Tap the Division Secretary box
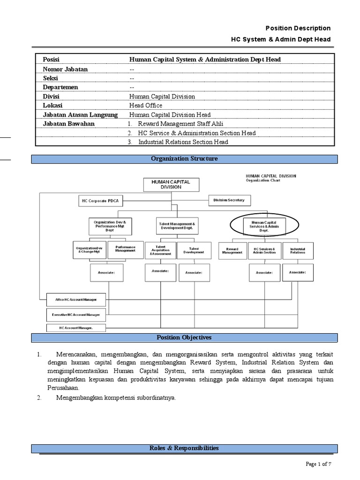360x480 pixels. pyautogui.click(x=229, y=200)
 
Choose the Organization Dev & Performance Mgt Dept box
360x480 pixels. pyautogui.click(x=110, y=226)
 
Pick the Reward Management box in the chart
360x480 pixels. pyautogui.click(x=232, y=251)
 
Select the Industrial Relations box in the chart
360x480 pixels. pyautogui.click(x=297, y=251)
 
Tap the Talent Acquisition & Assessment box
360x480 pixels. pyautogui.click(x=160, y=251)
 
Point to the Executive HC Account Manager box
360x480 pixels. pyautogui.click(x=76, y=314)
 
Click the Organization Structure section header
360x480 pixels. pyautogui.click(x=184, y=159)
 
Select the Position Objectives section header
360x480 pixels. pyautogui.click(x=184, y=337)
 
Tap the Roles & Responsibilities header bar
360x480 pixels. pyautogui.click(x=184, y=448)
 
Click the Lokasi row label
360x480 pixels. pyautogui.click(x=53, y=105)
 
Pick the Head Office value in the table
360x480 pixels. pyautogui.click(x=146, y=105)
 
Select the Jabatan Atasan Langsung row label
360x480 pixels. pyautogui.click(x=80, y=115)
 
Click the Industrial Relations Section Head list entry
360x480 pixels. pyautogui.click(x=183, y=142)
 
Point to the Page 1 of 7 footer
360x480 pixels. pyautogui.click(x=318, y=464)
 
